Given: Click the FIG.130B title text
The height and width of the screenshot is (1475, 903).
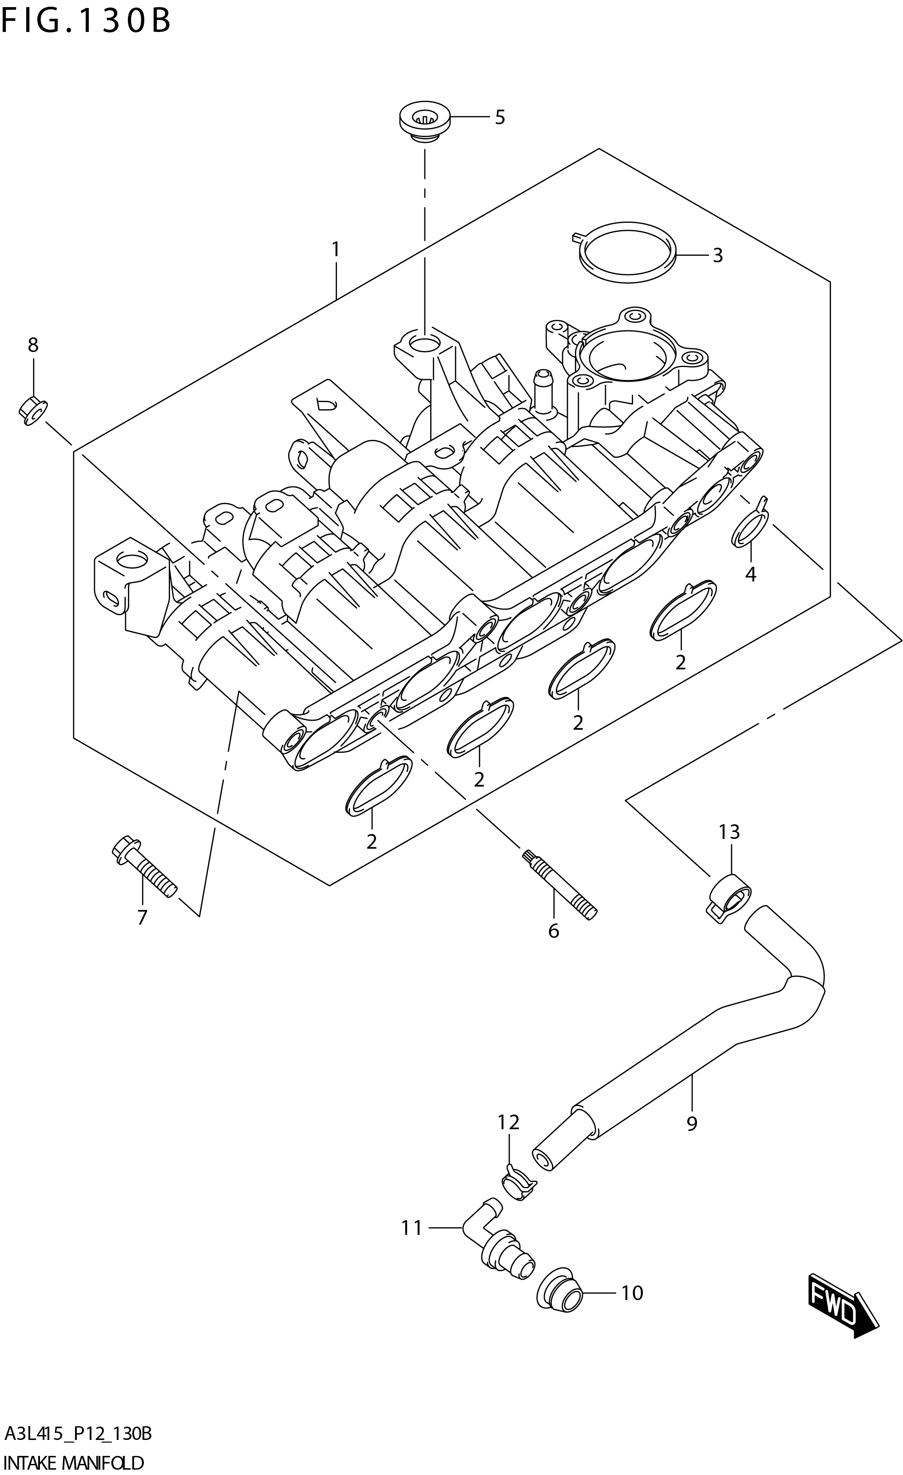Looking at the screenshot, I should [86, 21].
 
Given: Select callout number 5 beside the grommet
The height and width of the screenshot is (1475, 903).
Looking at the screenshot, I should [499, 117].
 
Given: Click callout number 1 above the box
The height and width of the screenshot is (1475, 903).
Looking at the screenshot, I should [336, 249].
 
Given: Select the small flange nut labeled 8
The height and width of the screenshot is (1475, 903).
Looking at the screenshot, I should [32, 411].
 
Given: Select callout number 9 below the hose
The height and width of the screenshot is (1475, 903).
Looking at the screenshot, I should [692, 1123].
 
